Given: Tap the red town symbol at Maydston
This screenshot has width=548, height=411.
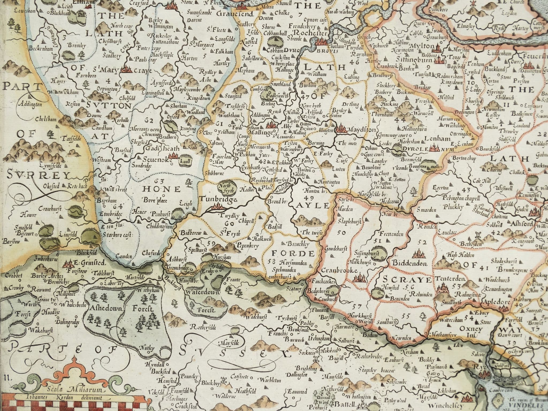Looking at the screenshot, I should click(341, 129).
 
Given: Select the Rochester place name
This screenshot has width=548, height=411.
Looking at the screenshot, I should click(310, 33).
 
